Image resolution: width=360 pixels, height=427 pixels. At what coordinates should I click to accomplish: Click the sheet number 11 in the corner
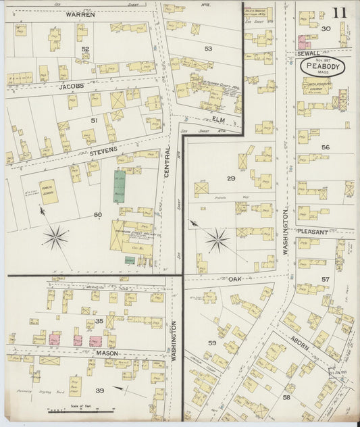click(x=339, y=12)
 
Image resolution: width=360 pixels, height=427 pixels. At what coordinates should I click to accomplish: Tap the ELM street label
click(x=218, y=120)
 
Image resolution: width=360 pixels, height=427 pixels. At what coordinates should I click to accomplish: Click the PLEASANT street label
click(x=311, y=232)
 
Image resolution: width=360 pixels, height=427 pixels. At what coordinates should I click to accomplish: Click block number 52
click(x=85, y=49)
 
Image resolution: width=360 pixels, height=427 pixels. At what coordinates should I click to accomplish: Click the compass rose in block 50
click(x=56, y=237)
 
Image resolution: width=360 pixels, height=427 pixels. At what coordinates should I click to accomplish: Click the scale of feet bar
click(x=74, y=409)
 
